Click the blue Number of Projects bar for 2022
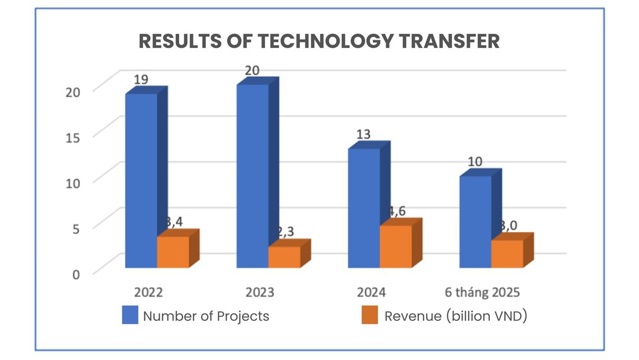[x=141, y=181]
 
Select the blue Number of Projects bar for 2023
[x=253, y=176]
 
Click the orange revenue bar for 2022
[x=173, y=252]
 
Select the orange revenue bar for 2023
[x=285, y=257]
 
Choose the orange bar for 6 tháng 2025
[x=507, y=253]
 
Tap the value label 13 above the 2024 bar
[x=363, y=134]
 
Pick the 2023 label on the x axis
[x=260, y=292]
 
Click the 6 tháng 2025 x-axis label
[x=482, y=292]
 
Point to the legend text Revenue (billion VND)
[x=456, y=316]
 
